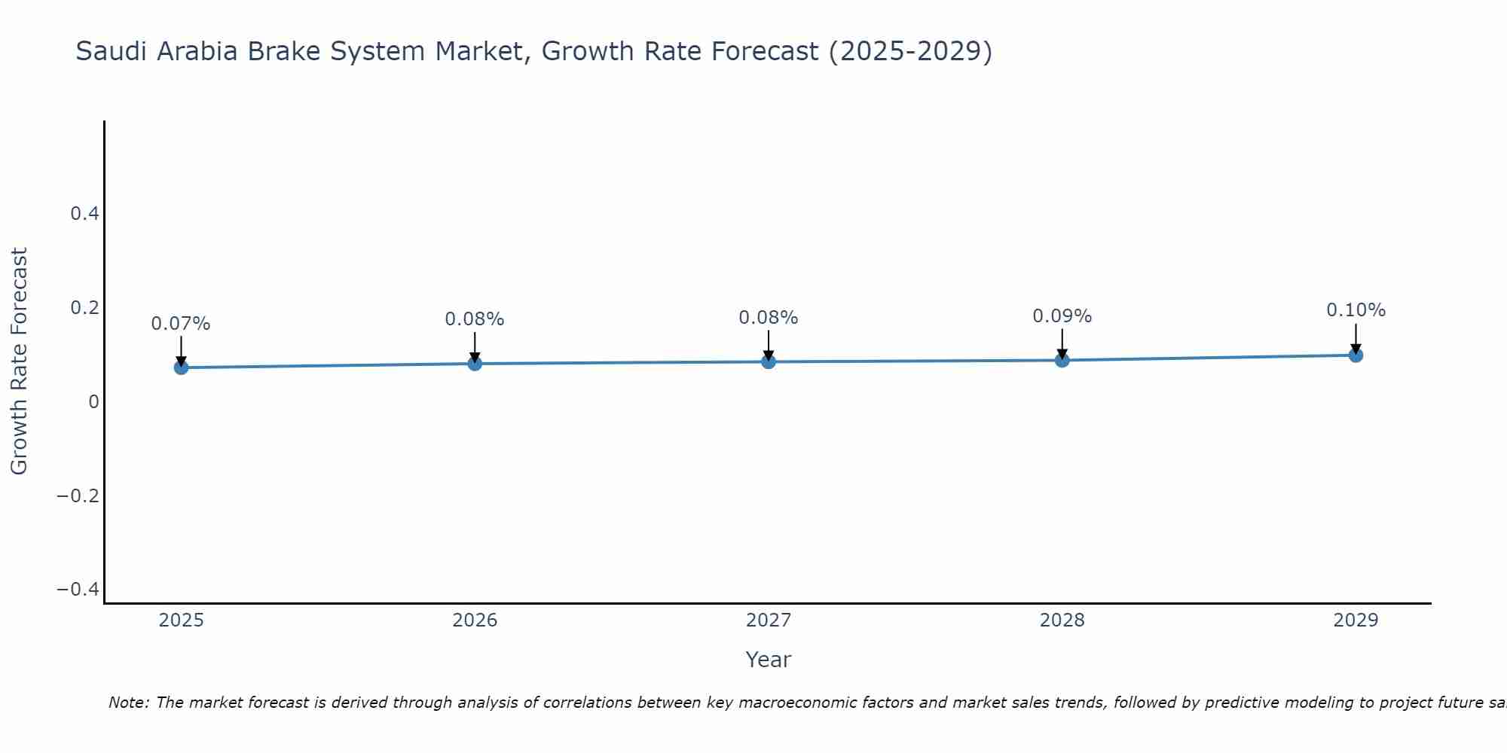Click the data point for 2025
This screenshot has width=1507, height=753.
click(181, 367)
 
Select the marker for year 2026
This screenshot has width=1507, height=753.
click(475, 364)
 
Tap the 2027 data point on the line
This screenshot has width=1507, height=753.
click(769, 362)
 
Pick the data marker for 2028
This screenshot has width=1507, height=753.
click(1062, 360)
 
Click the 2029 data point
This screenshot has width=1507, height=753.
click(1356, 355)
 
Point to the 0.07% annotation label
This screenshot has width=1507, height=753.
click(181, 324)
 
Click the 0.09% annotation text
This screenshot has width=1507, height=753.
click(1062, 316)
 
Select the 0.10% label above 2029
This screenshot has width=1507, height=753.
click(1356, 310)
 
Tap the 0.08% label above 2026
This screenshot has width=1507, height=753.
click(475, 319)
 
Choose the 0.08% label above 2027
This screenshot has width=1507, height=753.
click(769, 318)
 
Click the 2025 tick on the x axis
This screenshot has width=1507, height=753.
click(181, 620)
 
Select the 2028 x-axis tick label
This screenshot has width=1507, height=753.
click(1062, 620)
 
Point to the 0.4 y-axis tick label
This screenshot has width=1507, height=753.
click(85, 214)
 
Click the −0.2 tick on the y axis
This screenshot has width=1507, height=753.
click(78, 495)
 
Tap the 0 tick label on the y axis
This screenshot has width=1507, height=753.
click(93, 402)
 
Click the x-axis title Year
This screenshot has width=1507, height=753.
click(768, 660)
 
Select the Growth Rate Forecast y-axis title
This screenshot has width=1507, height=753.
click(19, 361)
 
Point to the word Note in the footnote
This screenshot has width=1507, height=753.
click(128, 703)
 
